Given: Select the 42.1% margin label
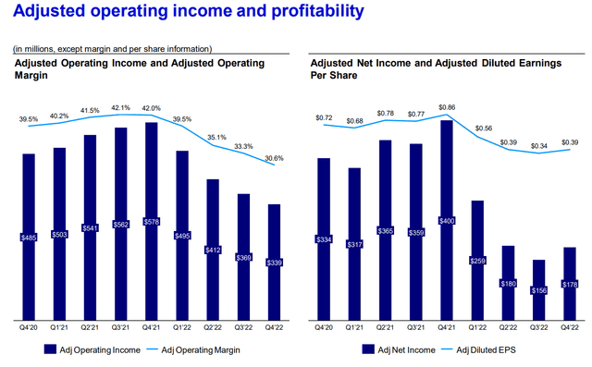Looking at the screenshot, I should pos(120,105).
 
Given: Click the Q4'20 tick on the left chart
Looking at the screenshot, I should pos(28,326).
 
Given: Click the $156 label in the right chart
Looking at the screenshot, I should pos(537,290).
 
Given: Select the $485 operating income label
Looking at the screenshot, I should pos(28,238).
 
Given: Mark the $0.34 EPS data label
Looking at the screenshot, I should pos(537,145).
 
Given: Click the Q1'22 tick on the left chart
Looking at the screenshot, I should pos(180,326).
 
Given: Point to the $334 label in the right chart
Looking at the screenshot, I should pos(323,239).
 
